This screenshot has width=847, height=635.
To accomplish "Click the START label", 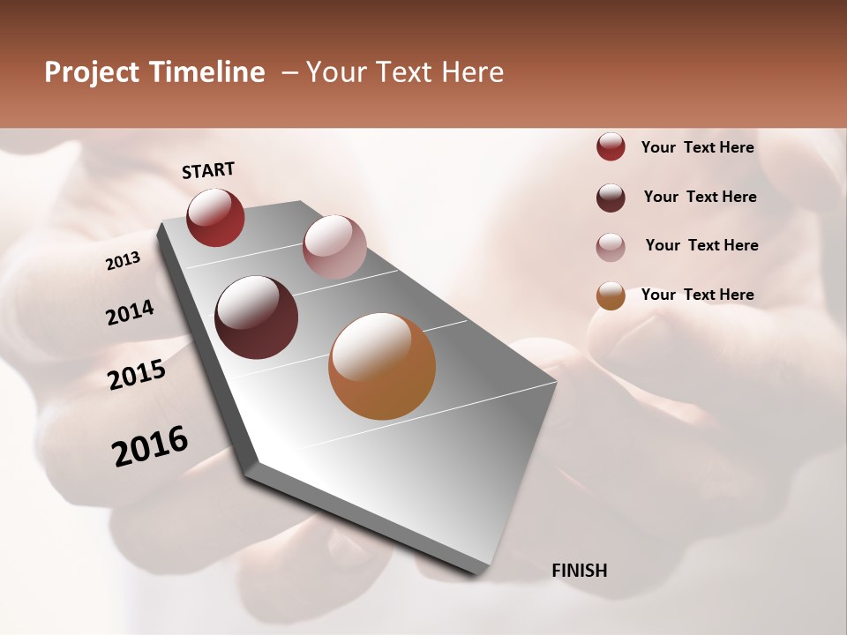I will [x=208, y=170].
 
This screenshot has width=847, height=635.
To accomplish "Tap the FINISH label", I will [x=579, y=571].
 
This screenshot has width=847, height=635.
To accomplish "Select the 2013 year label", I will [x=123, y=261].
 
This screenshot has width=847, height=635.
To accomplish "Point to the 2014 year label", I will [x=130, y=313].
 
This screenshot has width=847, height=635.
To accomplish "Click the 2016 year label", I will [x=150, y=446].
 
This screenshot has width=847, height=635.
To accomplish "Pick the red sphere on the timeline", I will [x=215, y=217].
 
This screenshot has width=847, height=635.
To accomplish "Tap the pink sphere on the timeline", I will [x=334, y=247].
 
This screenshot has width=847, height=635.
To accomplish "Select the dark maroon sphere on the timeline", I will [x=256, y=317].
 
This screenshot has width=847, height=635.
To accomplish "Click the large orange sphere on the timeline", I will [x=382, y=366].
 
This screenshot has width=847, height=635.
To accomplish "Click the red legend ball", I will [x=611, y=147].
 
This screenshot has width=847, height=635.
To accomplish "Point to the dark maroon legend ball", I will [x=611, y=198].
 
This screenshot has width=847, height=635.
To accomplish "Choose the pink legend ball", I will [x=611, y=246].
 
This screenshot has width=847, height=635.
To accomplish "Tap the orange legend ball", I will [x=611, y=295].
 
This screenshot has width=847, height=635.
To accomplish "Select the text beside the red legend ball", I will [x=697, y=147].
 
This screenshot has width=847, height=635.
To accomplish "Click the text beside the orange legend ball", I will [x=697, y=295].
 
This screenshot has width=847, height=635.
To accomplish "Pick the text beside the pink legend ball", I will [x=701, y=245].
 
